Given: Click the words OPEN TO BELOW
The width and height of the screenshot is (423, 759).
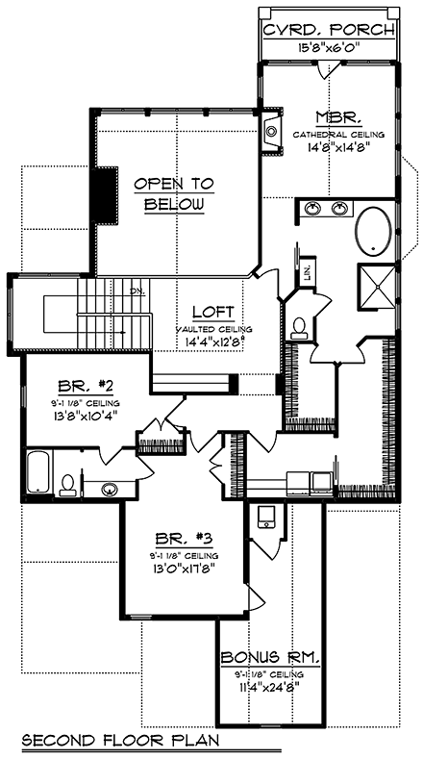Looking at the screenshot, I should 174,193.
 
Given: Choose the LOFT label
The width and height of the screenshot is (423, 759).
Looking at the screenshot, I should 209,312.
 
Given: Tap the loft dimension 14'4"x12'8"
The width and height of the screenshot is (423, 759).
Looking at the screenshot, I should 209,339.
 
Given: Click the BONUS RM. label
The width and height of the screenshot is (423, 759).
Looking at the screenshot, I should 270,657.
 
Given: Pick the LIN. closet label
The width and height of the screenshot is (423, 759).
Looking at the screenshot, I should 308,271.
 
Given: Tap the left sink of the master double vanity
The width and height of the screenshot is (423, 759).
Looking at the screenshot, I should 313,208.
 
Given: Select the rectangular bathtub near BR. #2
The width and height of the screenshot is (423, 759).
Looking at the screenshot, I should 39,473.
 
